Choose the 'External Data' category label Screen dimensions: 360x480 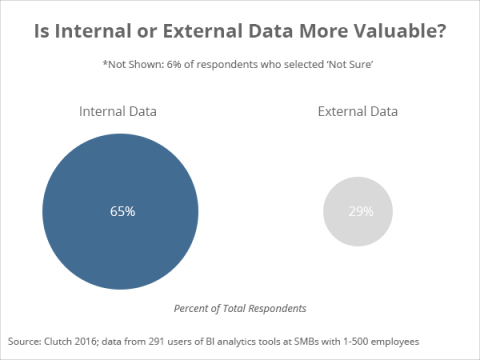click(x=356, y=111)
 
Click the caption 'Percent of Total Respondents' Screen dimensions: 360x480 click(x=240, y=308)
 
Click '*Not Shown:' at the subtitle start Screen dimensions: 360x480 click(x=134, y=66)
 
